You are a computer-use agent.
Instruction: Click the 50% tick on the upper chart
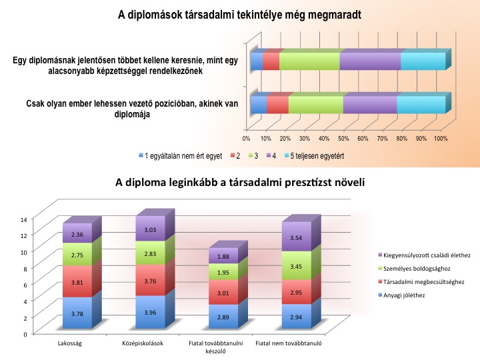(343, 139)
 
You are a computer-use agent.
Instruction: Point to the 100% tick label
(440, 139)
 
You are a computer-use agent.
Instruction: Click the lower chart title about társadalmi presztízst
(240, 181)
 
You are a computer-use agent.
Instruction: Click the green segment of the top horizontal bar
(309, 61)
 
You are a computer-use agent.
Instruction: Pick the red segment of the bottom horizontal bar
(277, 105)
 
